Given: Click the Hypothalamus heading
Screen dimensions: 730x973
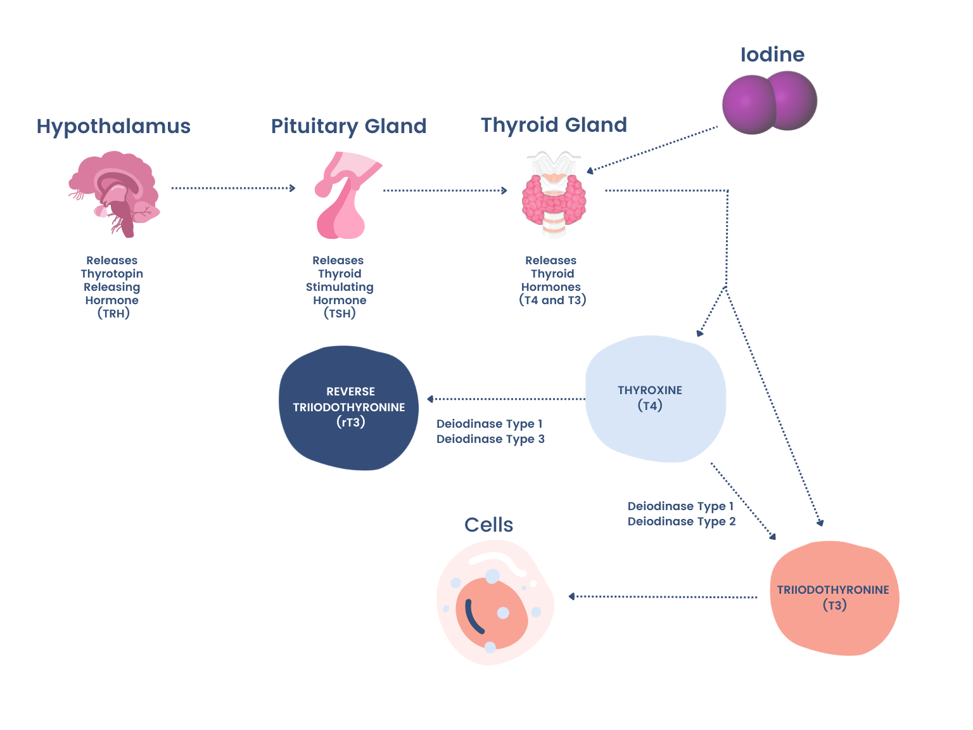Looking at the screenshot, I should pos(113,126).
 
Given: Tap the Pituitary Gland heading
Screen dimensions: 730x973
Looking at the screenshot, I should pos(348,126).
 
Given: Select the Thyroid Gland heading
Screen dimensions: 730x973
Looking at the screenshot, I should pos(554,125).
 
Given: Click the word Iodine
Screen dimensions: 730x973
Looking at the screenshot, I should pos(772,54).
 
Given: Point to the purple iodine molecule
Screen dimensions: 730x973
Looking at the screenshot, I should pos(769,103).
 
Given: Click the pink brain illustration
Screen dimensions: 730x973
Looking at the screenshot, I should pos(115,193).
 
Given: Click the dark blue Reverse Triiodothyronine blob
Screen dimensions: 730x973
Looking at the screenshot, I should pos(349,407).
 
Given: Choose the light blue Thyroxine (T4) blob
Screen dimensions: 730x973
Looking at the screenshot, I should pos(655,399).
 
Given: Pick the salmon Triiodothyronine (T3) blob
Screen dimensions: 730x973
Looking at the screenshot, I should pos(834,598).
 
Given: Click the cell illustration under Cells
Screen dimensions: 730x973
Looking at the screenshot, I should pos(495,603).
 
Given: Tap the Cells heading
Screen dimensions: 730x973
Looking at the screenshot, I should pos(488,525).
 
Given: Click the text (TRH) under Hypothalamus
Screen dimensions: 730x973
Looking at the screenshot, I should pos(113,313).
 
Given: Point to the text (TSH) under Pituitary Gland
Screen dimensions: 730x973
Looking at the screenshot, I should pos(340,313).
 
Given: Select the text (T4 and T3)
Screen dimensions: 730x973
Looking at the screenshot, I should pos(552,300).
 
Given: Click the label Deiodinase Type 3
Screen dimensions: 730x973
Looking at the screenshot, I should pos(490,439).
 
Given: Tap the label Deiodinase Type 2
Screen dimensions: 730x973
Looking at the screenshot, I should pos(682,522).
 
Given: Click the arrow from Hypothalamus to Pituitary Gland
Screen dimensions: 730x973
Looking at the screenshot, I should pos(233,188).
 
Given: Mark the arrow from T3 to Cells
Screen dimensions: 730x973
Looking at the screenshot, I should pos(663,596).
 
